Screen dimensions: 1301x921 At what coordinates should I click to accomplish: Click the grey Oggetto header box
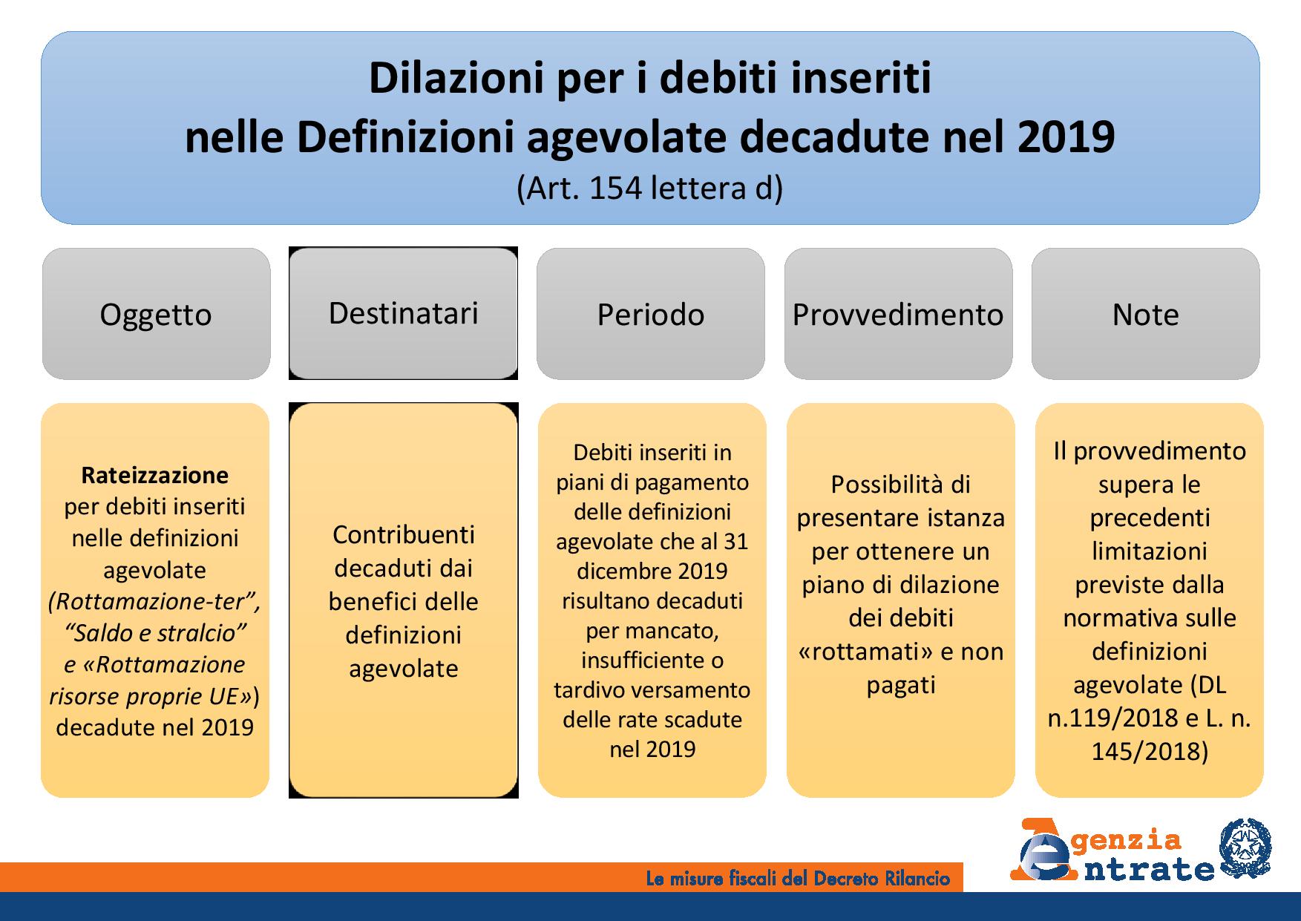point(156,314)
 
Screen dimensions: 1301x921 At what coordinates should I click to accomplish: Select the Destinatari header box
point(403,313)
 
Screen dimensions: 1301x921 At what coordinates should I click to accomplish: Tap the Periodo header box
point(650,314)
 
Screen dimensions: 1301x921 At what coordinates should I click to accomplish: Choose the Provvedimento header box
point(898,314)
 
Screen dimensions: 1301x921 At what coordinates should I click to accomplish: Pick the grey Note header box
point(1145,314)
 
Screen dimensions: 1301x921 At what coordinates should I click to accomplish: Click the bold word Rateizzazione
point(155,475)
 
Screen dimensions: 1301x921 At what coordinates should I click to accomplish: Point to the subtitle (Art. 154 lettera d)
point(649,189)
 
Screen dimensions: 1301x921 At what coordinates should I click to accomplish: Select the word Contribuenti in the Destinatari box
point(403,534)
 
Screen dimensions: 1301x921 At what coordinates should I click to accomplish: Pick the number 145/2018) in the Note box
point(1150,751)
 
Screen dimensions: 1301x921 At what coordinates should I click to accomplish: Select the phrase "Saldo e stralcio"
point(155,633)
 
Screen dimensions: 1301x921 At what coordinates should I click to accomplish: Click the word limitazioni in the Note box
point(1150,551)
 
